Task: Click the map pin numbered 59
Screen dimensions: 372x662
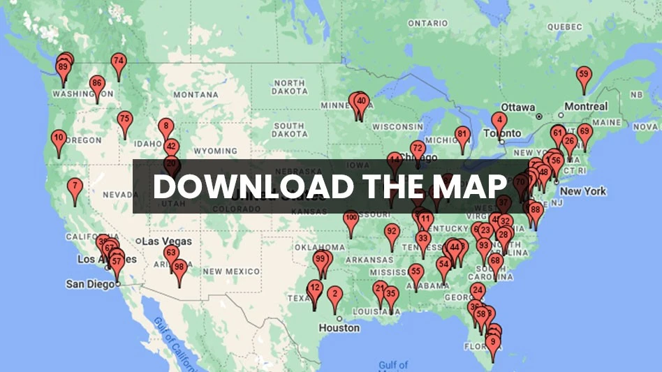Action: (x=584, y=75)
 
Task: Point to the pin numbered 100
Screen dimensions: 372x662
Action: (x=351, y=218)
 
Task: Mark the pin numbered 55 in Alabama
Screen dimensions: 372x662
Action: (x=415, y=272)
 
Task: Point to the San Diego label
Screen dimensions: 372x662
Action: (x=90, y=284)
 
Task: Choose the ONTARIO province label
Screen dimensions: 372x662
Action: (x=428, y=23)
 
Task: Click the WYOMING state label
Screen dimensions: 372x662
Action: (x=215, y=151)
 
